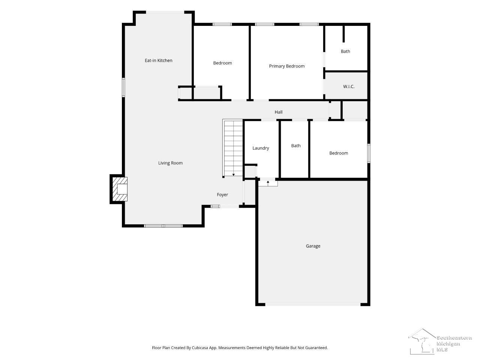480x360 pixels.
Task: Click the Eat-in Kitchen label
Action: tap(159, 60)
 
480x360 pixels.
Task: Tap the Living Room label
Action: tap(170, 163)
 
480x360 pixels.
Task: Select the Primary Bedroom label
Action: tap(287, 66)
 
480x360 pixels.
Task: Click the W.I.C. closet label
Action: tap(349, 87)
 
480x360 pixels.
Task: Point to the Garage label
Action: tap(313, 246)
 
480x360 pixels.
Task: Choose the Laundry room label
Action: tap(261, 148)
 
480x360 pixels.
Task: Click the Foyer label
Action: tap(222, 195)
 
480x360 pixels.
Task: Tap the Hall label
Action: tap(278, 112)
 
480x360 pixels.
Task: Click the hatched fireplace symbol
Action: tap(120, 189)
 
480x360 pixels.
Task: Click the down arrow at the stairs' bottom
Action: tap(234, 175)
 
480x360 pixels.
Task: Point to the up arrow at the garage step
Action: tap(268, 183)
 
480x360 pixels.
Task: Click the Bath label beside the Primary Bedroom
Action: tap(345, 51)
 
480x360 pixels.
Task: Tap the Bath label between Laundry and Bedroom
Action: tap(296, 146)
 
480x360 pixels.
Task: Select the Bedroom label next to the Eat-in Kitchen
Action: tap(222, 63)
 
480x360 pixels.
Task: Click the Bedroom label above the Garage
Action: tap(339, 153)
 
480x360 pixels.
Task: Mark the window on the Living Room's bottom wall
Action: tap(163, 226)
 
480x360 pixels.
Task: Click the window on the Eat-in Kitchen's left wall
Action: tap(123, 87)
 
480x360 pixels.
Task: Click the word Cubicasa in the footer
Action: tap(200, 348)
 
